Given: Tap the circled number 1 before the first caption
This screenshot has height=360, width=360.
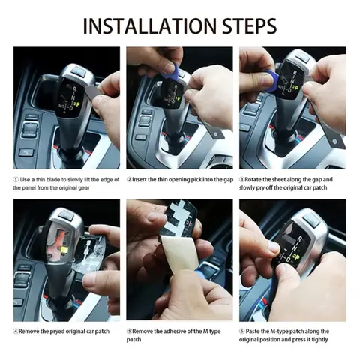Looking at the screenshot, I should point(16,181).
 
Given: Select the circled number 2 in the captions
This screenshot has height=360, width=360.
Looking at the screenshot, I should point(130,181).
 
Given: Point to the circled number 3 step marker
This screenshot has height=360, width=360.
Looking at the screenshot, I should point(243,181).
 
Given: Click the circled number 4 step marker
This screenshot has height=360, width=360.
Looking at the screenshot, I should point(16,330).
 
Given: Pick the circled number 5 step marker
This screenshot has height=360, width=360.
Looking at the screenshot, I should point(130,330).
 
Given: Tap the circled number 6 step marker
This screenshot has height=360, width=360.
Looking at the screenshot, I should point(243,330).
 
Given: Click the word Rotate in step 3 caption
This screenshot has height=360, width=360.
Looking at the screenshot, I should point(257,181).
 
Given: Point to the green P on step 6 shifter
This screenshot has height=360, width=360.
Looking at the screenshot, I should point(297,255).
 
